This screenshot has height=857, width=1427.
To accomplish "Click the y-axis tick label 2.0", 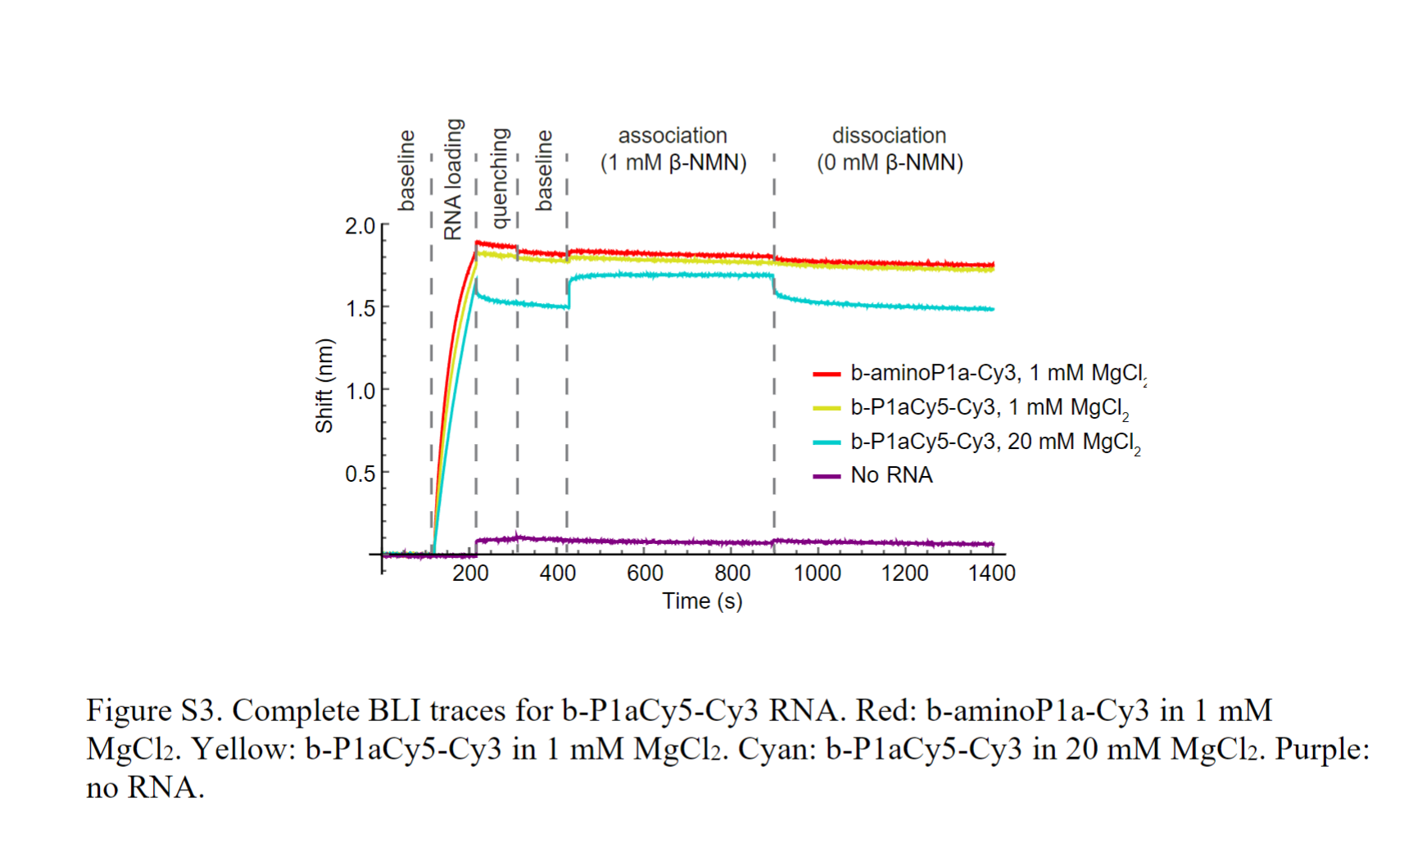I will [360, 226].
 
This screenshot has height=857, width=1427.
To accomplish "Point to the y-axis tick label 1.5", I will [360, 309].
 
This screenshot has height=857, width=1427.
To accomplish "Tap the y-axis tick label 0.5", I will [360, 474].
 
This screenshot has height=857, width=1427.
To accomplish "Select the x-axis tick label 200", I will [470, 573].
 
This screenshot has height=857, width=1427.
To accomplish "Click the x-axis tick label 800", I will [732, 573].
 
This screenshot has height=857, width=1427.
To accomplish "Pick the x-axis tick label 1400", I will [991, 573].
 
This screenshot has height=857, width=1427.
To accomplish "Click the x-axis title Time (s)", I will [702, 601].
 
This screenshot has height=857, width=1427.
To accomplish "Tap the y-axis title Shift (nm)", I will [324, 385].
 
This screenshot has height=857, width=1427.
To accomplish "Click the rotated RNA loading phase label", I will [453, 179].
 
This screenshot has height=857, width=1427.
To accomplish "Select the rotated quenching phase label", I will [500, 178].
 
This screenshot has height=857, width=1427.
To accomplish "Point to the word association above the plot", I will [673, 135].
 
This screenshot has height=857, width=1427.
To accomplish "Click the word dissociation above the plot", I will [889, 135].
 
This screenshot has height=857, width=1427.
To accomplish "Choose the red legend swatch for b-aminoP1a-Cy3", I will [827, 374].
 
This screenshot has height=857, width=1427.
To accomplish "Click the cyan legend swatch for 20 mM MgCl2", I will [827, 442].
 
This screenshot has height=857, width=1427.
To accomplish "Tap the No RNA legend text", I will [891, 475].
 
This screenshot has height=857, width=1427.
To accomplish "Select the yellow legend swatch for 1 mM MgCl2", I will [827, 408].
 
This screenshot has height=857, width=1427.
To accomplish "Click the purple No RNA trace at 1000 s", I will [818, 542].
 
